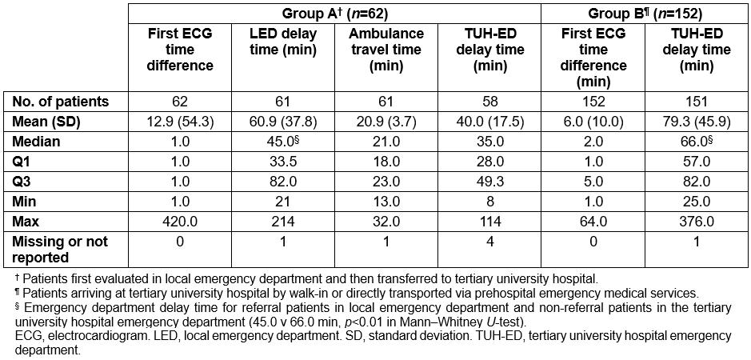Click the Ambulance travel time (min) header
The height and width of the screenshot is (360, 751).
point(385,49)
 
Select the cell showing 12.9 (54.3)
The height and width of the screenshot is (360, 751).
point(180,122)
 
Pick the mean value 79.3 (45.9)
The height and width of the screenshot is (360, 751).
point(695,122)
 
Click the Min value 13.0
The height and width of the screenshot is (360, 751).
point(385,201)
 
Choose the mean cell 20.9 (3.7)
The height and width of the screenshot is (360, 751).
point(385,122)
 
